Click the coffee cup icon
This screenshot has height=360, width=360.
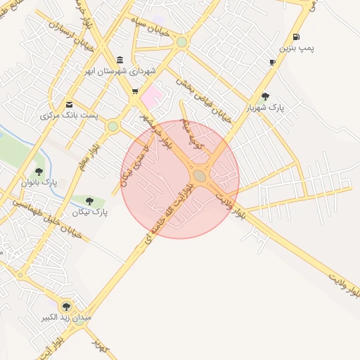(272, 63)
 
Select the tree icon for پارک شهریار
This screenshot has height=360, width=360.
(264, 97)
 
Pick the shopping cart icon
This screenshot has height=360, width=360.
(134, 91)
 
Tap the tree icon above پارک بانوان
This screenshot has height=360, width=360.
(39, 171)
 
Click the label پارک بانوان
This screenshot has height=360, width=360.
(40, 183)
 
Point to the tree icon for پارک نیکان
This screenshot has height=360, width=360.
(89, 201)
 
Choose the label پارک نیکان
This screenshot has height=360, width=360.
(90, 212)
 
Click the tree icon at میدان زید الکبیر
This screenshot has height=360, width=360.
(66, 307)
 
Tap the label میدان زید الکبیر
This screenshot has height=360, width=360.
(67, 318)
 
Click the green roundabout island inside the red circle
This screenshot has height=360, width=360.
(200, 176)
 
